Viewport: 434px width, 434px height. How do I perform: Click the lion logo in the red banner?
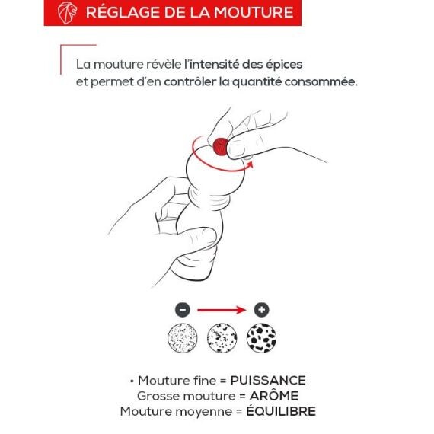[67, 13]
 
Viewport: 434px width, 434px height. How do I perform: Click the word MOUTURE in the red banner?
[254, 12]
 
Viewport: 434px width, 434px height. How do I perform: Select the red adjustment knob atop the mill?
[221, 147]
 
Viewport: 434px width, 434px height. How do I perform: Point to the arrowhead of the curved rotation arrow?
[251, 164]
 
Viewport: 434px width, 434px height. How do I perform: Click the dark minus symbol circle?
[183, 310]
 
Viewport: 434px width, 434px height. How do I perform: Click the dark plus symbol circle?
[262, 310]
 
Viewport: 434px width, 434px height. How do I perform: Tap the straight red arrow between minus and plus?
[222, 310]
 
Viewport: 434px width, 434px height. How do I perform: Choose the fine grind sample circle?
[183, 337]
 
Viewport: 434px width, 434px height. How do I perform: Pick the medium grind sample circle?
[222, 337]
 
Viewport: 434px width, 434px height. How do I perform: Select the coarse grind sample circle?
[262, 337]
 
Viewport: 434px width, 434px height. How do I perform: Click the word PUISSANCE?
[268, 381]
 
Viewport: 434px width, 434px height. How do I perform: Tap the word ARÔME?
[274, 396]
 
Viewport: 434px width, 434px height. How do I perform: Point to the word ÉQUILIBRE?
[281, 411]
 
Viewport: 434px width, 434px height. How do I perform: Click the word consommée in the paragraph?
[321, 82]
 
